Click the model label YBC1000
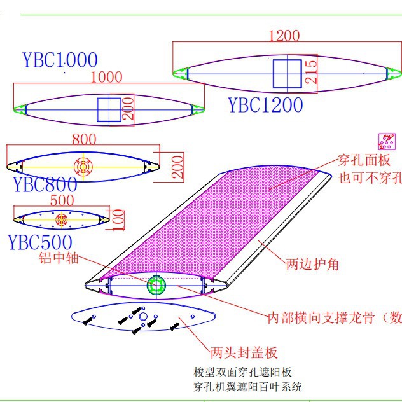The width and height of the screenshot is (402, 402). pyautogui.click(x=60, y=60)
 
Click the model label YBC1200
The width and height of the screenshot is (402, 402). pyautogui.click(x=265, y=104)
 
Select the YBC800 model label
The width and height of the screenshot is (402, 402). pyautogui.click(x=45, y=184)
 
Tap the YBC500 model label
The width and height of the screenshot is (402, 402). pyautogui.click(x=39, y=242)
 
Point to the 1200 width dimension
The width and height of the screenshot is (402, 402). pyautogui.click(x=284, y=36)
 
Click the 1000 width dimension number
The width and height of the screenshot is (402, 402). pyautogui.click(x=106, y=77)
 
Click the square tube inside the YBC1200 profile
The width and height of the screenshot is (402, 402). pyautogui.click(x=288, y=74)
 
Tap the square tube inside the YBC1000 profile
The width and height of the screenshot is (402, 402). pyautogui.click(x=108, y=110)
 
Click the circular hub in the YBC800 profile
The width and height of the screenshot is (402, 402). pyautogui.click(x=83, y=167)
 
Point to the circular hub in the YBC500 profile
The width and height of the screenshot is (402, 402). pyautogui.click(x=62, y=220)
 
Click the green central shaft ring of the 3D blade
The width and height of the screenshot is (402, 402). pyautogui.click(x=156, y=286)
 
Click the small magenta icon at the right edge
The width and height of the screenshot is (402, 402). pyautogui.click(x=387, y=141)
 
